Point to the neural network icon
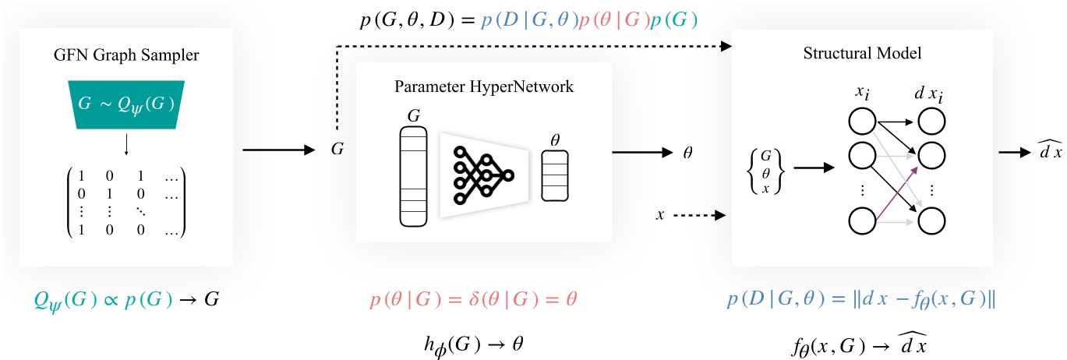[x=483, y=172]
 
